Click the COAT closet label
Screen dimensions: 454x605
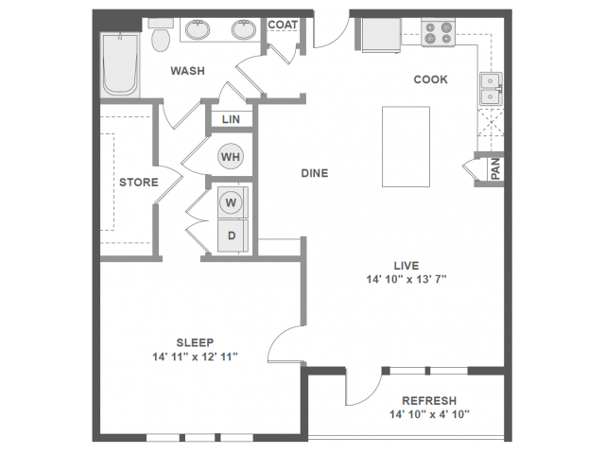[283, 25]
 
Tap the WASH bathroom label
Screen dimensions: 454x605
[189, 71]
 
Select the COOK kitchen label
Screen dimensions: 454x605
[430, 79]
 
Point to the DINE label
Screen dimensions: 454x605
[315, 173]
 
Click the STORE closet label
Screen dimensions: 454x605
[136, 182]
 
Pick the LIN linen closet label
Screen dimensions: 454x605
[231, 120]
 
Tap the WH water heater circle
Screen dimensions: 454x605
[231, 156]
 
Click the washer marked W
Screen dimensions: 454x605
[231, 201]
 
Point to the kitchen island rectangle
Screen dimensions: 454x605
[406, 147]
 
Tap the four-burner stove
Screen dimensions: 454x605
[438, 33]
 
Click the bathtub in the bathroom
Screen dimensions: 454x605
[121, 62]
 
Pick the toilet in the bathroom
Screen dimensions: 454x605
[161, 38]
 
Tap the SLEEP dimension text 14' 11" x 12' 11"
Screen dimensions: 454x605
[195, 357]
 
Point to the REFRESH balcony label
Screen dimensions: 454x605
[428, 400]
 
